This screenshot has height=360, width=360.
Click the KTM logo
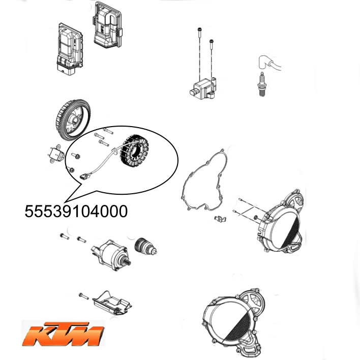click(63, 334)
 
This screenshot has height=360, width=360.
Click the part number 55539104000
click(76, 211)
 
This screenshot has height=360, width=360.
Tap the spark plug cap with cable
click(268, 63)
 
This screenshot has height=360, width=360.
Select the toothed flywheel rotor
click(73, 121)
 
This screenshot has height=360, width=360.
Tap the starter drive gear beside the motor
click(145, 246)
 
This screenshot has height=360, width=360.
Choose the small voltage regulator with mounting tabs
click(55, 154)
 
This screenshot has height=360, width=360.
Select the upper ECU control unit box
click(107, 25)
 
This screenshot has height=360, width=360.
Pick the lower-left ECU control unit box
click(70, 49)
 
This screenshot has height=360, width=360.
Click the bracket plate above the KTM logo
click(112, 303)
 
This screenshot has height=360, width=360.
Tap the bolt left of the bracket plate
click(83, 296)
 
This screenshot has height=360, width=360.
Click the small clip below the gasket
click(220, 218)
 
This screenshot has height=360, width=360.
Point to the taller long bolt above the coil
click(199, 53)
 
